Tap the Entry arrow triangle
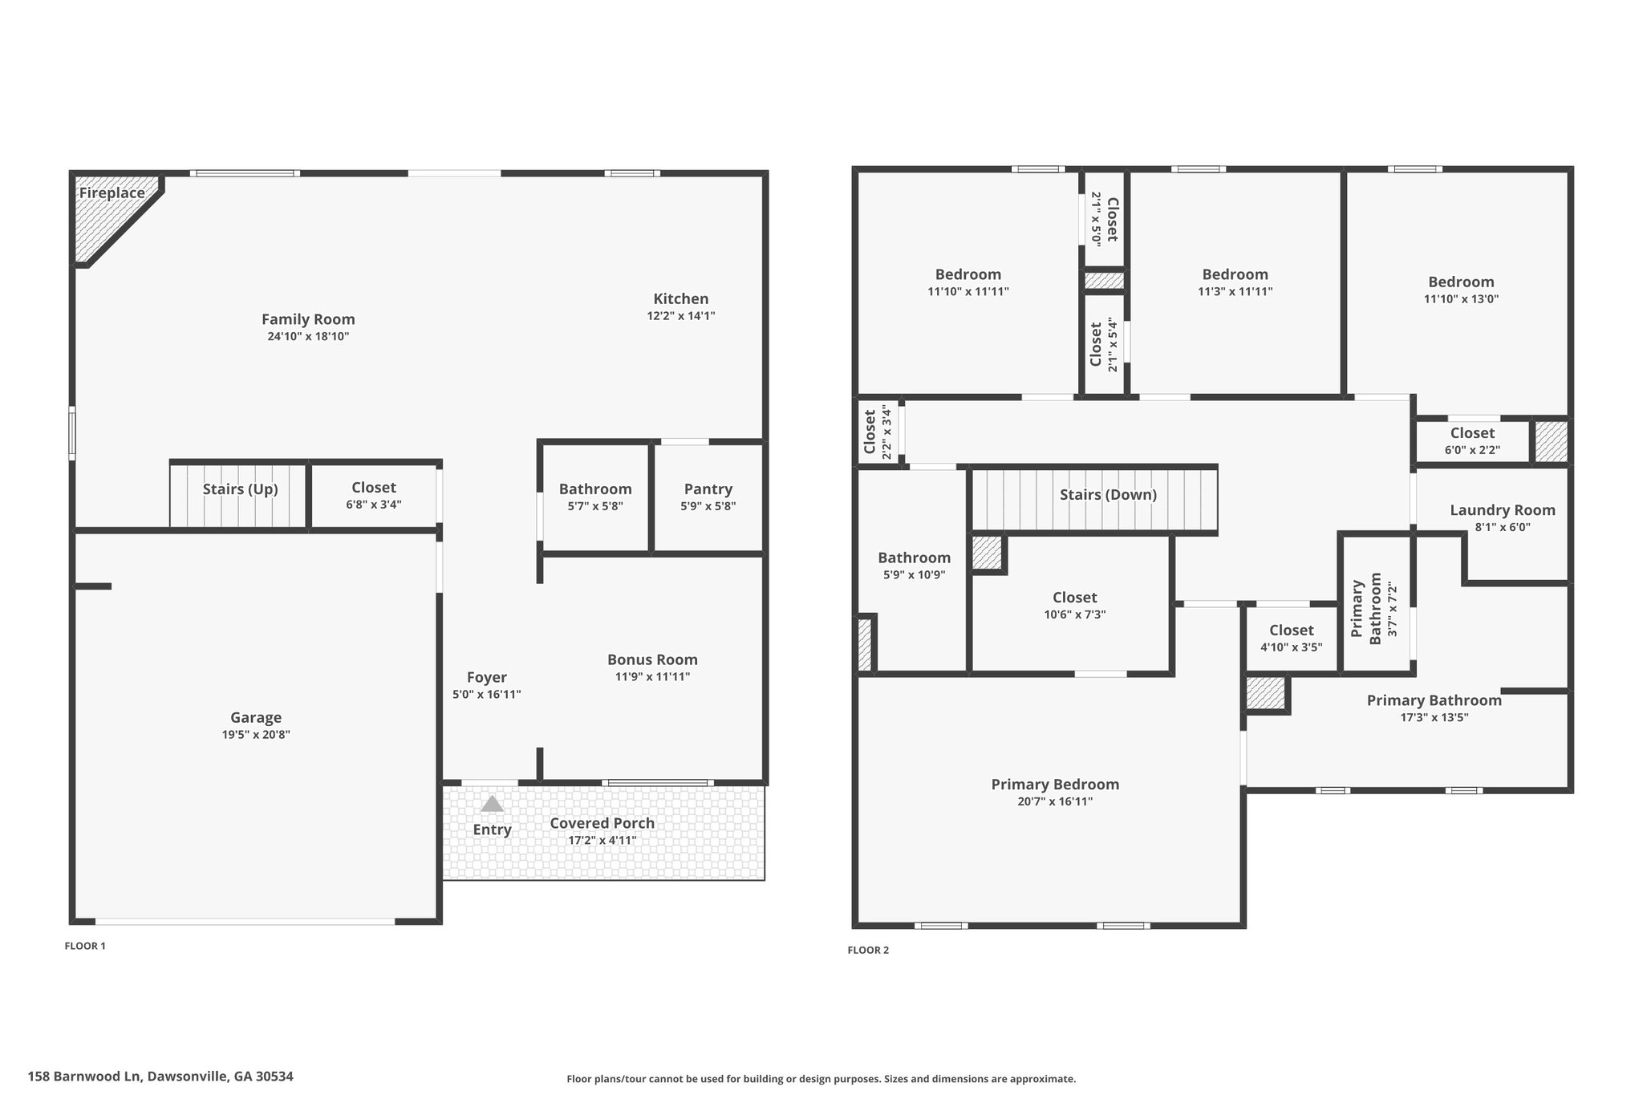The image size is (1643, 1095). click(492, 804)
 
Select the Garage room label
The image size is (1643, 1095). click(256, 718)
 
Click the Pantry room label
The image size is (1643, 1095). click(708, 489)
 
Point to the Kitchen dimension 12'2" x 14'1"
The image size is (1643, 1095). click(681, 316)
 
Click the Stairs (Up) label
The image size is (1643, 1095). click(240, 489)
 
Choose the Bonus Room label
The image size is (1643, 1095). click(652, 659)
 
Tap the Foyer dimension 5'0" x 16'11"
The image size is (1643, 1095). click(486, 695)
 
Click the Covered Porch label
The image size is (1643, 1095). click(602, 823)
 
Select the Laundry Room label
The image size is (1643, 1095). click(1502, 510)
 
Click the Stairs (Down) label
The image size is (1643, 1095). click(1108, 495)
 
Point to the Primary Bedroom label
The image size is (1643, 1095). click(1055, 785)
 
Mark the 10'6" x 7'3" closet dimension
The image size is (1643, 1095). click(1074, 614)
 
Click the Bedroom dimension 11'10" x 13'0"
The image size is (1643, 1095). click(1461, 299)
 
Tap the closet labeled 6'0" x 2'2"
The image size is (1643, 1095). click(1472, 441)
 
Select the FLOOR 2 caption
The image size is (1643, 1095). click(868, 951)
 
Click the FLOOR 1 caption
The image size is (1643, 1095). click(85, 946)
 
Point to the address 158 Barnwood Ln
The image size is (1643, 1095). click(160, 1077)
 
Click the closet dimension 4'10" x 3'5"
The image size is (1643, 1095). click(1291, 647)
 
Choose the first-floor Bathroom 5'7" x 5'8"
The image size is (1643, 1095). click(595, 497)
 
